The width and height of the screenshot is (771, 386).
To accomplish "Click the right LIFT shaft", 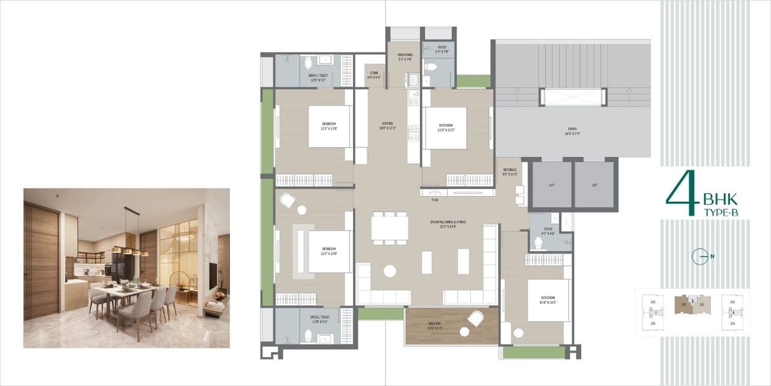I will (594, 185).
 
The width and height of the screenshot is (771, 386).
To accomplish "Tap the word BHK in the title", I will (720, 200).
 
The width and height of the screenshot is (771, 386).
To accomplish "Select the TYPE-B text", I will (720, 212).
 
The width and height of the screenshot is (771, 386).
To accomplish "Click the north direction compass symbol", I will (700, 256).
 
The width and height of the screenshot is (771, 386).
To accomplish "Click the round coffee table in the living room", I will (390, 271).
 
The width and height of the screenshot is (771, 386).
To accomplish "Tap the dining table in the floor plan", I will (389, 228).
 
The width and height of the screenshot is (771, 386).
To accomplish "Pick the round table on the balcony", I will (464, 331).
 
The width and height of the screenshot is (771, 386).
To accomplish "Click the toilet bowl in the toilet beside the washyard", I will (431, 66).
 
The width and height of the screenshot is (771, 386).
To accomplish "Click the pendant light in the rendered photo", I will (130, 250).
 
